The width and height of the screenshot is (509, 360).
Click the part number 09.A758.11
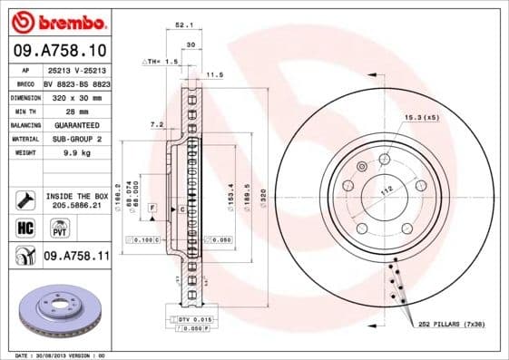pyautogui.click(x=76, y=257)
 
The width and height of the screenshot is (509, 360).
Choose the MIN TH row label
pyautogui.click(x=26, y=111)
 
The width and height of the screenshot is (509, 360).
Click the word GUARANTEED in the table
pyautogui.click(x=76, y=124)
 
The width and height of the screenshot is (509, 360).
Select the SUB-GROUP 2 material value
pyautogui.click(x=76, y=139)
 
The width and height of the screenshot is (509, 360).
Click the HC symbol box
pyautogui.click(x=26, y=228)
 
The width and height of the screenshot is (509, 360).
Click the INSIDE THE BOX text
pyautogui.click(x=76, y=196)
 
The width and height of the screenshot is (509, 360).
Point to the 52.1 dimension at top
pyautogui.click(x=182, y=25)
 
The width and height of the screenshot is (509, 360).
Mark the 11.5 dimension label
pyautogui.click(x=215, y=74)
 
